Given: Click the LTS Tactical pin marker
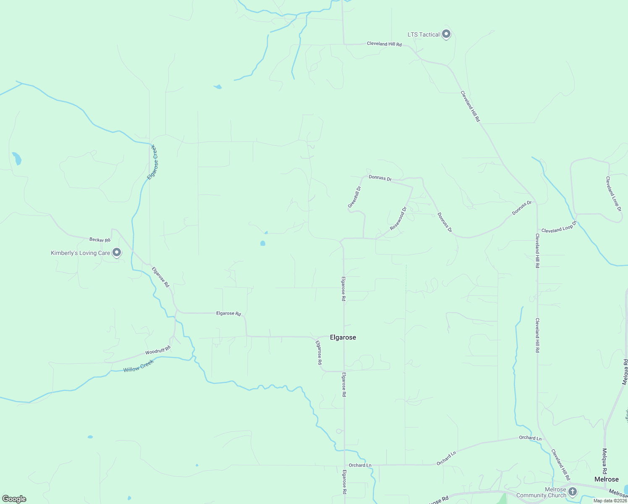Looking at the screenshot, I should tap(446, 34).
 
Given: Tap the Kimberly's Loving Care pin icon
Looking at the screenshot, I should tap(117, 252).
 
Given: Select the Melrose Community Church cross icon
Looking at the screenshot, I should tap(572, 491).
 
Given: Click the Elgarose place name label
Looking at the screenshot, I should tap(343, 337).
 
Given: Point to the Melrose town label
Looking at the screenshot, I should tap(606, 479).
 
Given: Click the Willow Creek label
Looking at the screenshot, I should tap(139, 366).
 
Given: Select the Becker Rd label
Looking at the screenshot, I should tap(99, 240).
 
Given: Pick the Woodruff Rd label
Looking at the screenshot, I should tap(158, 350).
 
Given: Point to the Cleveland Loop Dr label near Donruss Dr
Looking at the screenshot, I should tap(559, 228).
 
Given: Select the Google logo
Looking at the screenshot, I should tap(14, 499).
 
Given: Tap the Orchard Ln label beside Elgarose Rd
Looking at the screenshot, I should tap(360, 465).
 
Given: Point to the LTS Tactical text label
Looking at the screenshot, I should tap(424, 34).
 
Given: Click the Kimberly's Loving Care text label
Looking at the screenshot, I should tap(80, 253).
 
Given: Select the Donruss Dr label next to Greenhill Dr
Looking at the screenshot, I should tap(380, 178).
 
